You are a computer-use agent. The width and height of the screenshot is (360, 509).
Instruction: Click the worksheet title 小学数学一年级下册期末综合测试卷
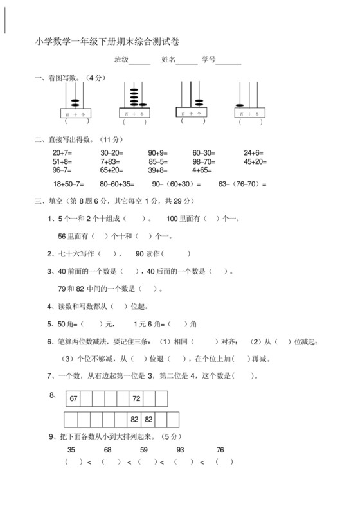tap(108, 42)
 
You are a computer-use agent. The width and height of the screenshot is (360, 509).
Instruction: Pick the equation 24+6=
tap(254, 152)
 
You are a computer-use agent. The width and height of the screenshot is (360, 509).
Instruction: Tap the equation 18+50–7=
tap(69, 184)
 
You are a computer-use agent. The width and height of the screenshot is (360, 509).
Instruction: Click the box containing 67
tap(73, 398)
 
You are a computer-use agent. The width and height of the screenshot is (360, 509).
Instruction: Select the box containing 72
tap(136, 398)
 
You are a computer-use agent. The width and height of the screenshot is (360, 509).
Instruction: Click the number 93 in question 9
tap(180, 449)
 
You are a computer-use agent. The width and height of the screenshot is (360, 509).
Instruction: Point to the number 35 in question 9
tap(71, 449)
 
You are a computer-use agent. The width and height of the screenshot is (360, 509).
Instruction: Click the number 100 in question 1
tap(172, 219)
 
